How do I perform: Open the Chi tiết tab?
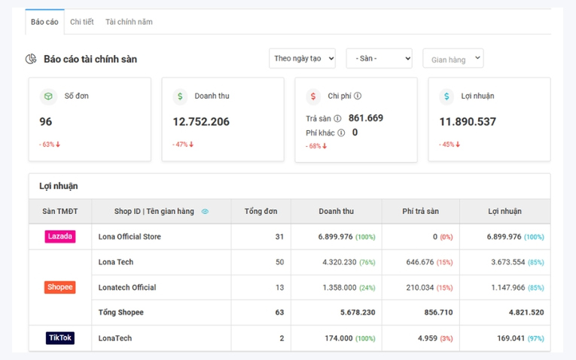(82, 22)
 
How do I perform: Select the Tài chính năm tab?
(129, 22)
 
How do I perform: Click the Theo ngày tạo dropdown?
(302, 59)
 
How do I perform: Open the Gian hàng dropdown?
(453, 59)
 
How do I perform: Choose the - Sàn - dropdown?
(379, 59)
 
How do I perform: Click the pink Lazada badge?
(60, 236)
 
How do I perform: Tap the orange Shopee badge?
(60, 287)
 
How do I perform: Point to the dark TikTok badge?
(60, 338)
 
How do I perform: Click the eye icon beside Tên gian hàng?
(205, 211)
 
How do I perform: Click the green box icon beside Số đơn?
(48, 96)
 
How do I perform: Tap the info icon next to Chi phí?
(358, 96)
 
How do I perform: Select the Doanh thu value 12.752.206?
(201, 121)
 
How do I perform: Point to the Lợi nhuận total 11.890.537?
(468, 121)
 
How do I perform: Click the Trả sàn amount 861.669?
(366, 118)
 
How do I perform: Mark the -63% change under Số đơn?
(49, 145)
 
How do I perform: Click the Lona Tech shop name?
(116, 262)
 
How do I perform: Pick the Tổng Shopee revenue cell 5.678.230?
(358, 313)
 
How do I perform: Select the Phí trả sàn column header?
(421, 211)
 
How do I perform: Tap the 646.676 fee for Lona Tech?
(420, 262)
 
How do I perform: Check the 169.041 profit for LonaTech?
(511, 338)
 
